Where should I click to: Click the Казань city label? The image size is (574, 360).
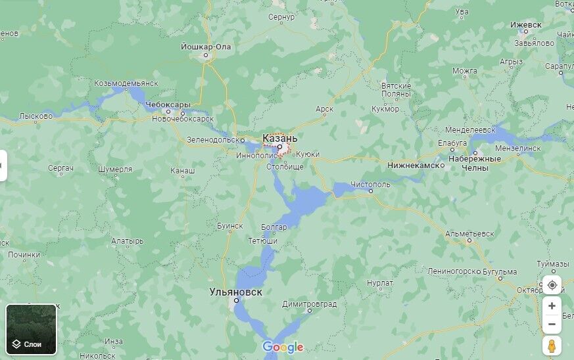[279, 139]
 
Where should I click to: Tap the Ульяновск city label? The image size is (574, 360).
[235, 290]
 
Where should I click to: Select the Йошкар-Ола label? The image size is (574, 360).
[206, 47]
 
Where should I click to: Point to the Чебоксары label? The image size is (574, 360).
[168, 104]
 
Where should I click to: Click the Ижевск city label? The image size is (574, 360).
[525, 25]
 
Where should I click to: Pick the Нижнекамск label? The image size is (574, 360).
[413, 166]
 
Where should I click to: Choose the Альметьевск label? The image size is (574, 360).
[469, 233]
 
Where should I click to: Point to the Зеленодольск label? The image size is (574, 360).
[216, 139]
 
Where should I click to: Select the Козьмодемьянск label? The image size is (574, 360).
[126, 83]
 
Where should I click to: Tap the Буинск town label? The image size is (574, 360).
[230, 225]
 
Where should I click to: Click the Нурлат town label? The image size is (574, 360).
[380, 282]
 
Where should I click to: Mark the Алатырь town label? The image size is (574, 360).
[128, 241]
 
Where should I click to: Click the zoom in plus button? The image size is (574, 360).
[552, 306]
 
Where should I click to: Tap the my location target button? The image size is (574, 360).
[552, 285]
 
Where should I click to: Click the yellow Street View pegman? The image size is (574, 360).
[552, 346]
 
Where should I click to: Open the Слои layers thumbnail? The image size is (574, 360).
[32, 329]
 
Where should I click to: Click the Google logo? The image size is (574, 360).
[283, 347]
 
